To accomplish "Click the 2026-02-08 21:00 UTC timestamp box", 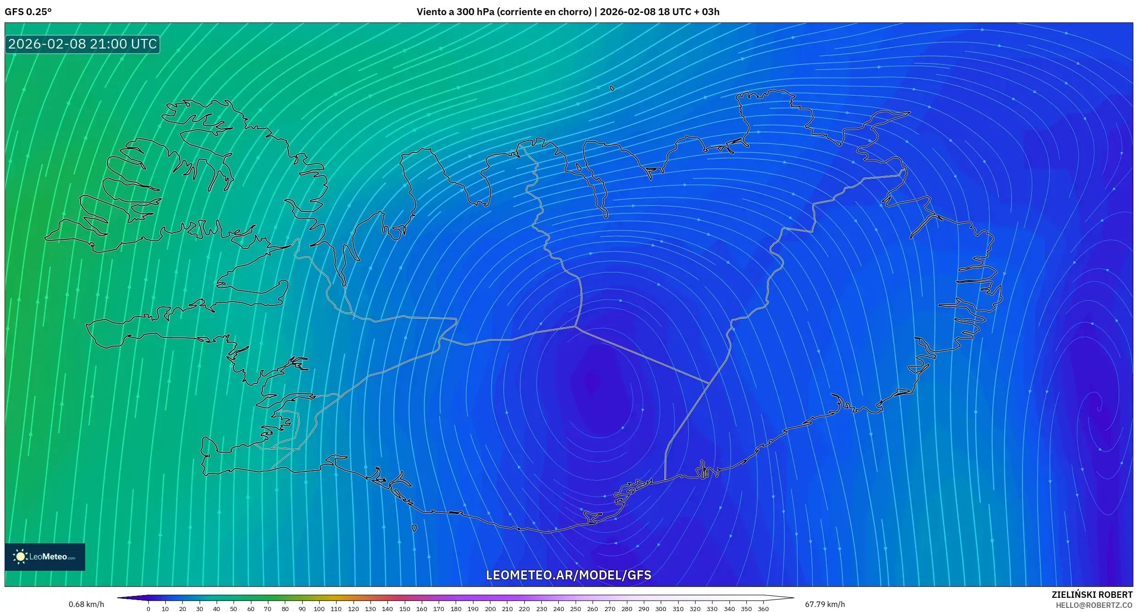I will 82,44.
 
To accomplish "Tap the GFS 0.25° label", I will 28,12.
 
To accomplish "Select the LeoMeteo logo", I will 44,557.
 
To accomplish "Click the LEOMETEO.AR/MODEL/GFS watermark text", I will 568,575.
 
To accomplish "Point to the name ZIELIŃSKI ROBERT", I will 1092,595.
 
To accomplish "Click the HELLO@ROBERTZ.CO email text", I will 1094,605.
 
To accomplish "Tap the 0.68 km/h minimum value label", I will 86,604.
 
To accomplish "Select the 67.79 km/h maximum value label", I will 825,604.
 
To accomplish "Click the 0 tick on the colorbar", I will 148,609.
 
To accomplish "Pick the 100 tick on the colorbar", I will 319,609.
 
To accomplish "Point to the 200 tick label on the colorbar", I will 490,609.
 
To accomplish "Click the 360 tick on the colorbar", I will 763,609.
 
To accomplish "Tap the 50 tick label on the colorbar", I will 234,609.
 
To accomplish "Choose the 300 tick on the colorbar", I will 660,609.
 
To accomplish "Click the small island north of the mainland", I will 612,88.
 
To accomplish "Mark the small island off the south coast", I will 414,528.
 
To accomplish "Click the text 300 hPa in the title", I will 475,12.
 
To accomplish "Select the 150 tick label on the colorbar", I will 404,609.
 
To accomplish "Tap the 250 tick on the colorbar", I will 575,609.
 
